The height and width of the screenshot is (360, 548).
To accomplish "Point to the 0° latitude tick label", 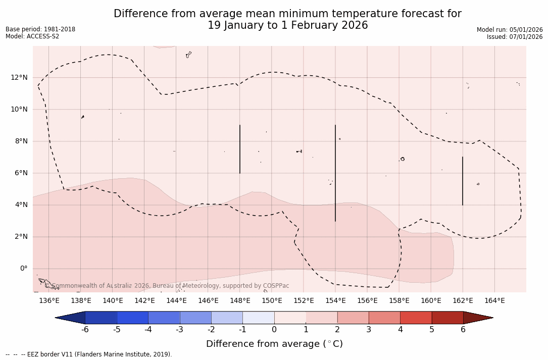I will (23, 269).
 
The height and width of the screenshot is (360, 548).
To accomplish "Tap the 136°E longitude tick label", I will (49, 300).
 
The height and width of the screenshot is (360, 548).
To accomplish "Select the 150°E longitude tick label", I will (272, 300).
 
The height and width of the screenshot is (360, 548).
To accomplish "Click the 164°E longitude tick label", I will (494, 300).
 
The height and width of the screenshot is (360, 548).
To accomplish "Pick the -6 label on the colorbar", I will (85, 330).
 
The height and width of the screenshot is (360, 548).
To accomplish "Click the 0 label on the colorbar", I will (274, 330).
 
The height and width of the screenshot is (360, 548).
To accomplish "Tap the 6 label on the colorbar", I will (463, 330).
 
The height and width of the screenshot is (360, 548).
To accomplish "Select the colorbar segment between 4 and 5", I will (416, 318).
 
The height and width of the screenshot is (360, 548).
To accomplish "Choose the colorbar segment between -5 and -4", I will (132, 318).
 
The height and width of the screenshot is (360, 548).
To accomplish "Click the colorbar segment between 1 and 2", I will (321, 318).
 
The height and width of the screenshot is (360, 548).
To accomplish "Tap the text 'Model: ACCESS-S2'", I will (32, 36).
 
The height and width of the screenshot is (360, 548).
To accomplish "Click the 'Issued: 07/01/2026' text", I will (515, 37).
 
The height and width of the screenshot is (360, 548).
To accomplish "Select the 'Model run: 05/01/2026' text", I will (510, 30).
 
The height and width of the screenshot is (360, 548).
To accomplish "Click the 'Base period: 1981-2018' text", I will (40, 29).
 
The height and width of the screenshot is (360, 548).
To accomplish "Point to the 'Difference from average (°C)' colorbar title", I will (274, 344).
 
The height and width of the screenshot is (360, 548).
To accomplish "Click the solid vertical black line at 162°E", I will (463, 181).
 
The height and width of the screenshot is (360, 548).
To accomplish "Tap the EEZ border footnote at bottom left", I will (89, 354).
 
